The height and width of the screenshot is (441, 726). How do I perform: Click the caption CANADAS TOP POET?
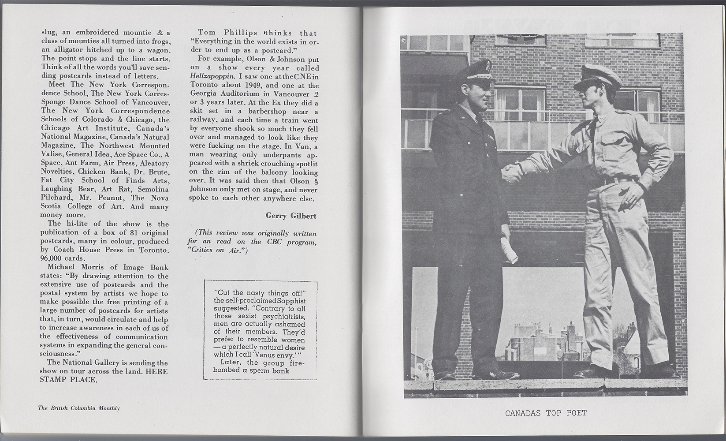[546, 413]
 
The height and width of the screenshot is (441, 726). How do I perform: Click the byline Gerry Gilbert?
[291, 215]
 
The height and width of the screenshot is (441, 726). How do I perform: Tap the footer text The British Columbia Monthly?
[79, 408]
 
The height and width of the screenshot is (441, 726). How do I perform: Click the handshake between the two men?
[511, 172]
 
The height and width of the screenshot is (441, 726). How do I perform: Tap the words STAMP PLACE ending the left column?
[69, 380]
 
